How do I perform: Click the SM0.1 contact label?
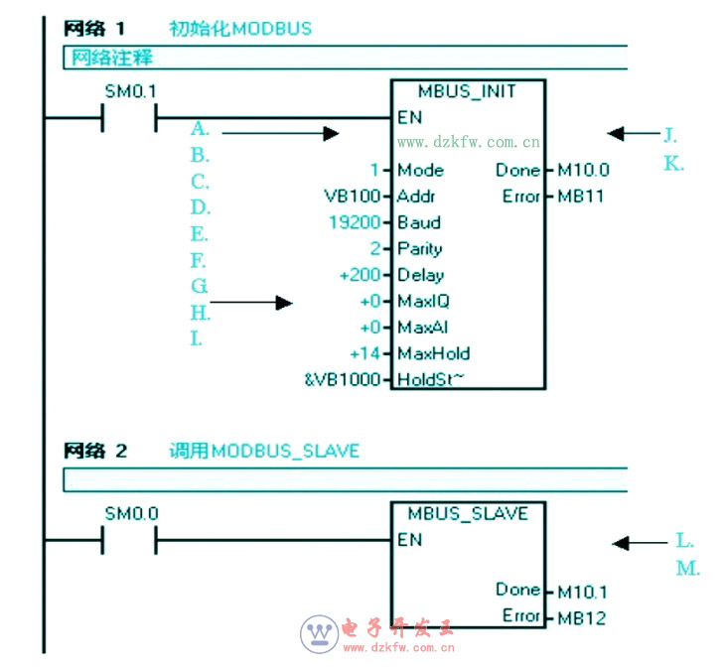click(130, 91)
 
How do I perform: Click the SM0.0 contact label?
click(131, 514)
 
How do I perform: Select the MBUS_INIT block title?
click(467, 91)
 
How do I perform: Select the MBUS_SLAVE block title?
click(468, 514)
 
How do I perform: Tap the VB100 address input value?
click(352, 197)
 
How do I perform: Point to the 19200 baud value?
click(355, 222)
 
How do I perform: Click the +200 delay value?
click(359, 275)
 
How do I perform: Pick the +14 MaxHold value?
click(364, 353)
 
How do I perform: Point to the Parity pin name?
click(419, 249)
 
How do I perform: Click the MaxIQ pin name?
click(423, 301)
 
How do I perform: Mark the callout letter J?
click(670, 133)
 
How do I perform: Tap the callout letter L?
click(684, 541)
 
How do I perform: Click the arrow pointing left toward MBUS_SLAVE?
click(640, 543)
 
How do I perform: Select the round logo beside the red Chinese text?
click(320, 632)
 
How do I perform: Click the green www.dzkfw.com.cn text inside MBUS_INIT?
click(469, 142)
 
